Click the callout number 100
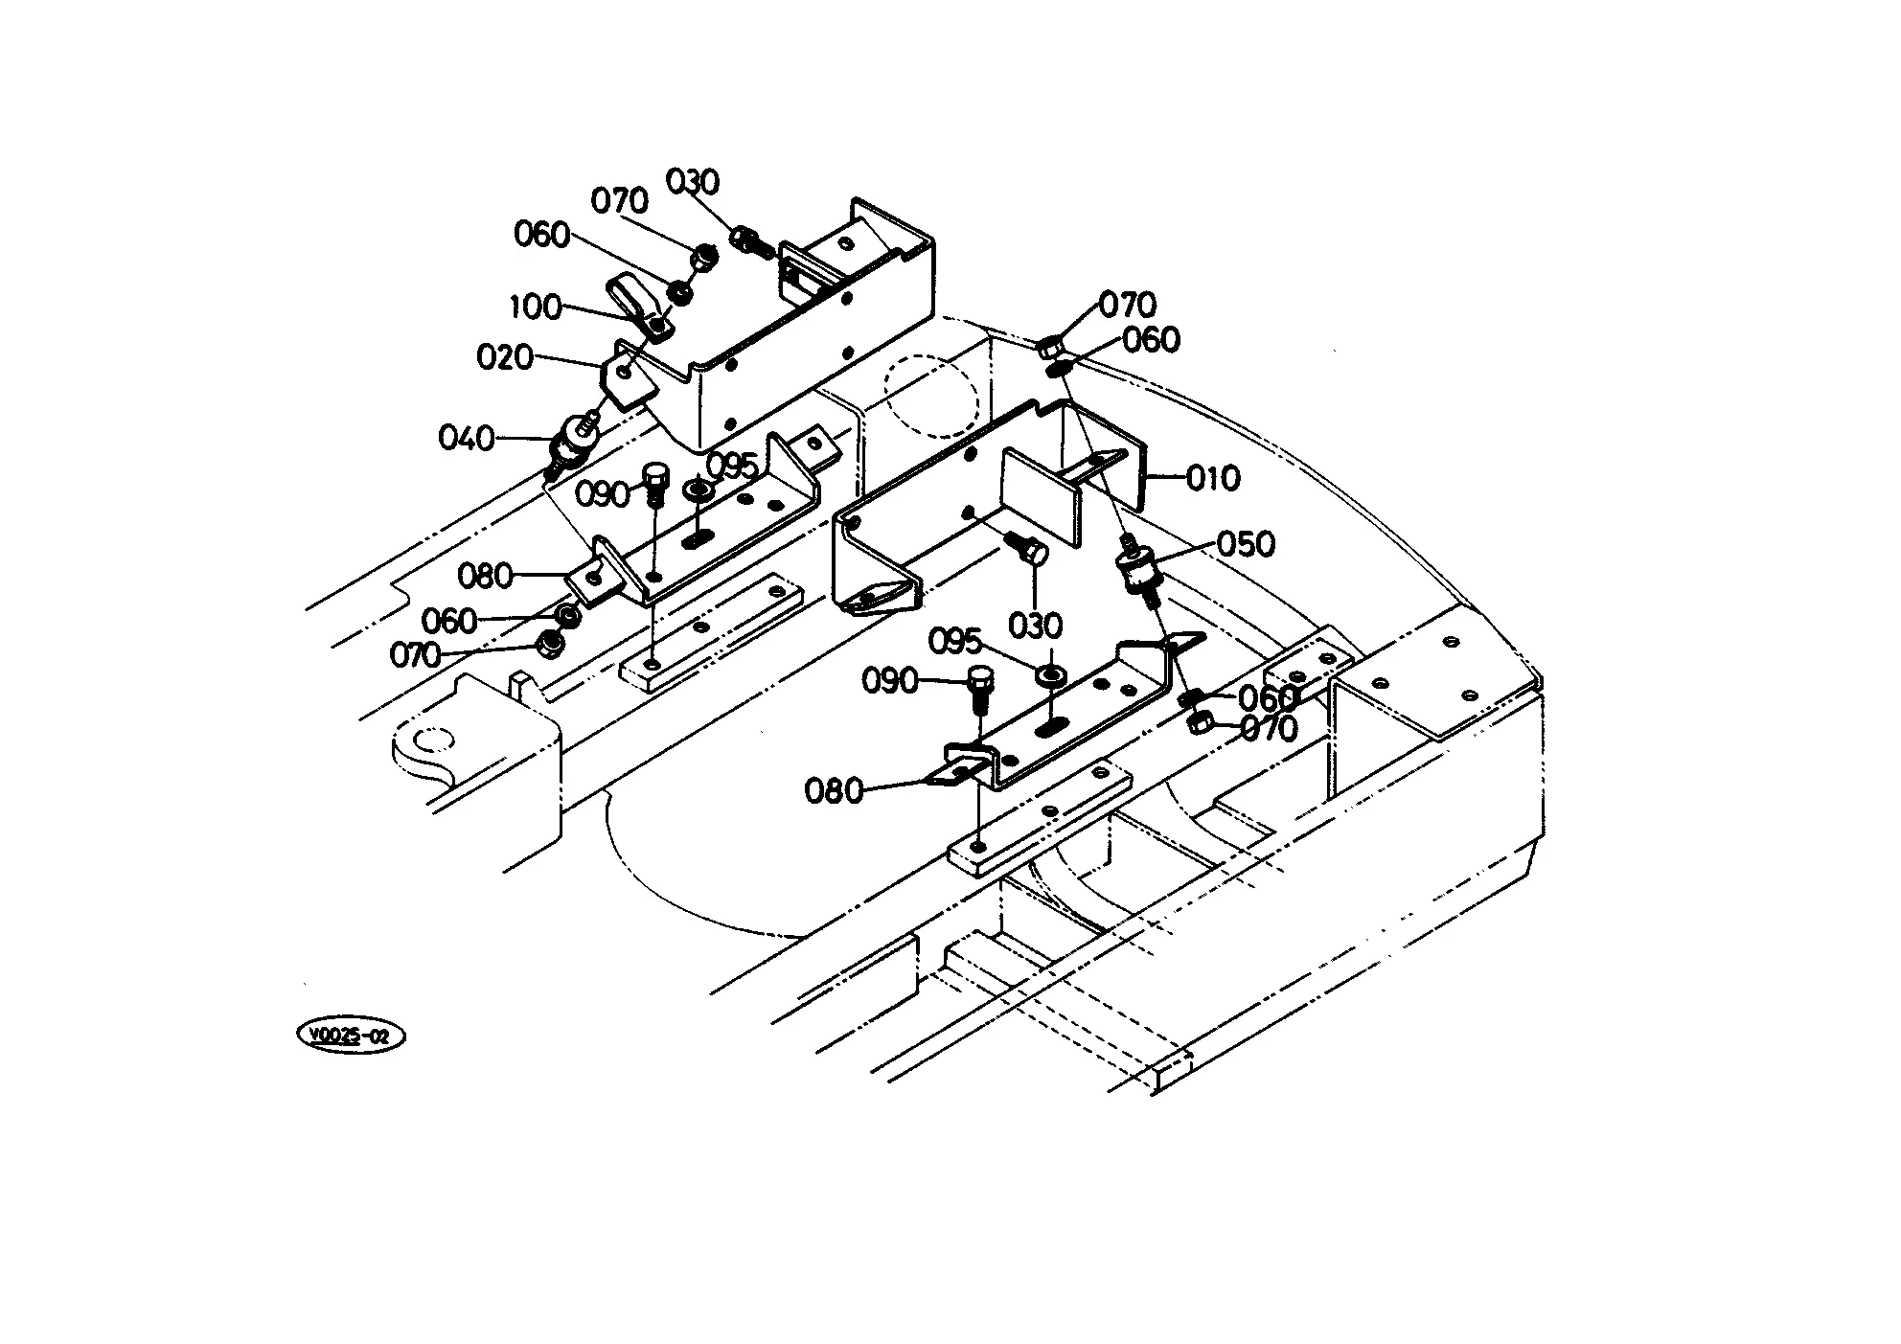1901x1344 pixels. point(535,308)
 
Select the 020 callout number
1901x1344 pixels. point(504,357)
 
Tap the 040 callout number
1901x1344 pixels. point(466,438)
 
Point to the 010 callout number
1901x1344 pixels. point(1213,478)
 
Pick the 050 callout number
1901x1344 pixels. point(1247,544)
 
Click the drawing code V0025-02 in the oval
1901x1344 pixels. point(352,1036)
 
